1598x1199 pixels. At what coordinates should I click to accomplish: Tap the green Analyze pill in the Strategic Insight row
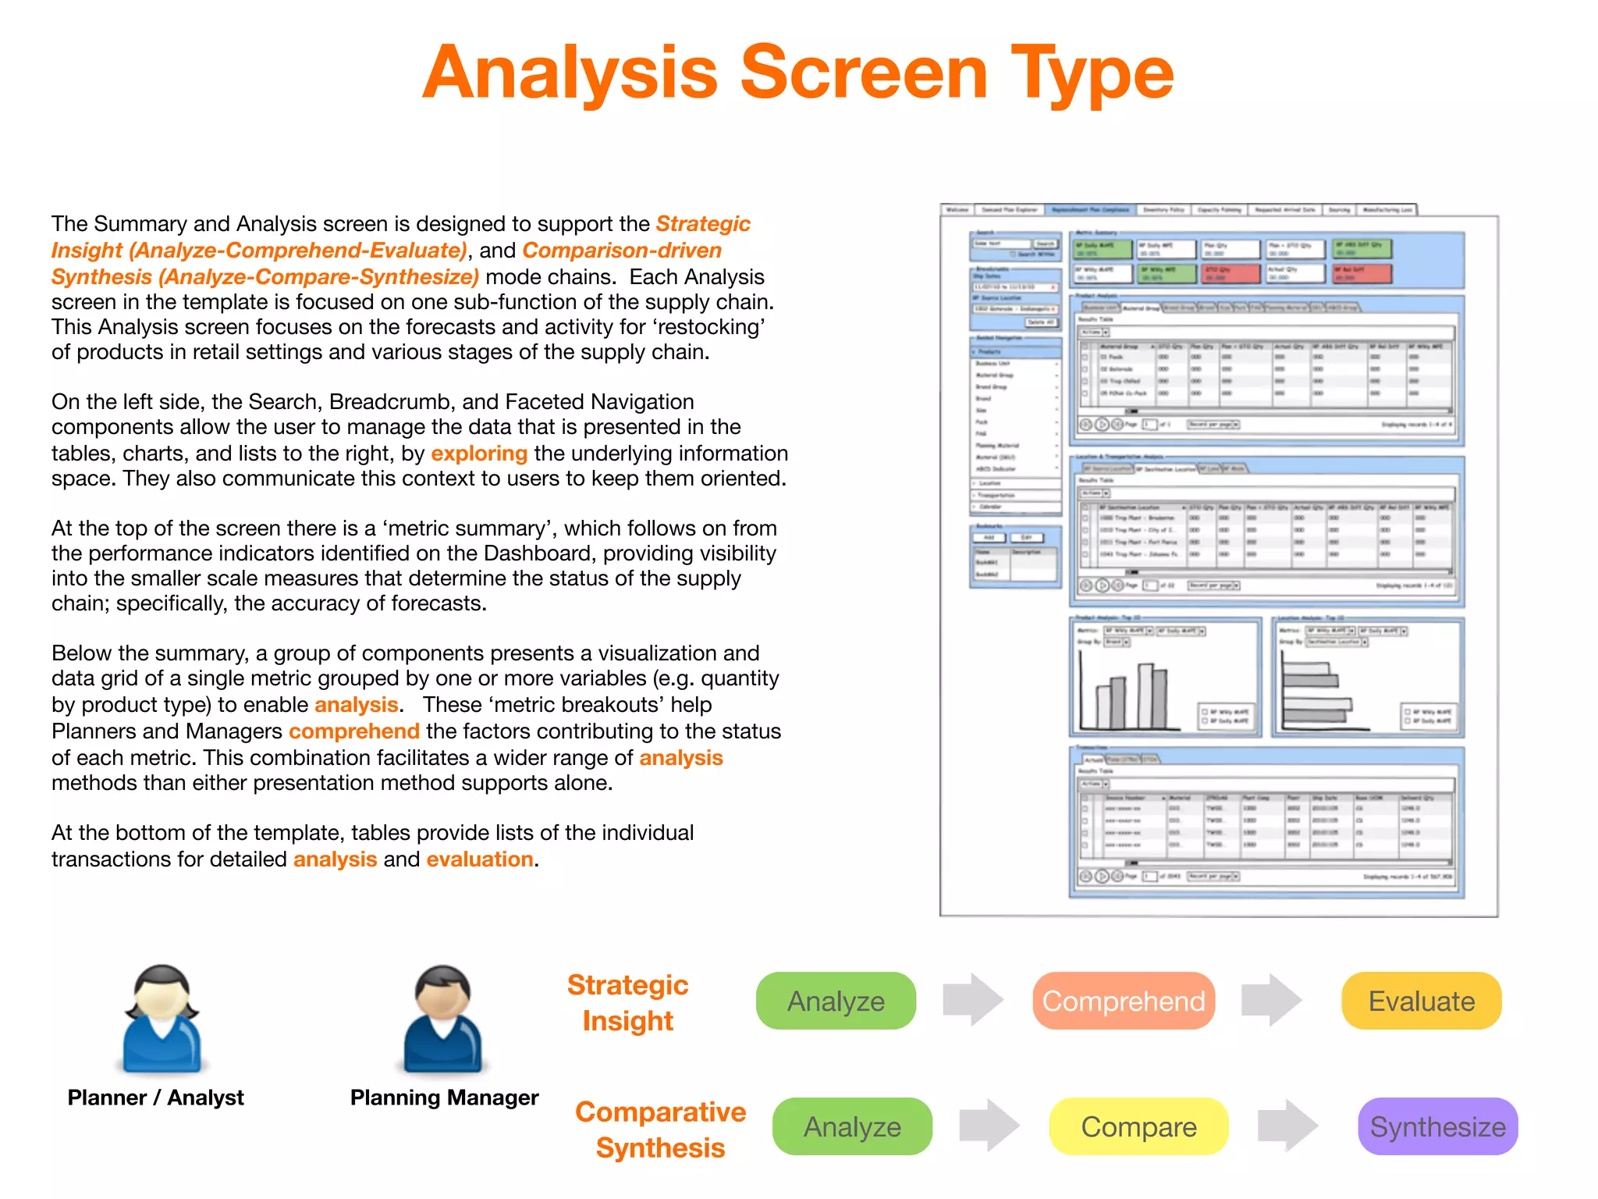836,1001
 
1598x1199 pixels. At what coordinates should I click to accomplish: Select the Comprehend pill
1123,1001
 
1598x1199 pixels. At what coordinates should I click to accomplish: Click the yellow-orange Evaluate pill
1421,1001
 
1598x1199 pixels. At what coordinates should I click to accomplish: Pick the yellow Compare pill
1138,1126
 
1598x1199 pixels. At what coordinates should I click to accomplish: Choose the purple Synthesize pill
1437,1126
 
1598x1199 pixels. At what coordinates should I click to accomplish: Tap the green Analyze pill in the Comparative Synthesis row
852,1126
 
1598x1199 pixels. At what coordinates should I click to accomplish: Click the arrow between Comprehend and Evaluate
1271,1000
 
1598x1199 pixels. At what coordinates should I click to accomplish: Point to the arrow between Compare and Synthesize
1287,1126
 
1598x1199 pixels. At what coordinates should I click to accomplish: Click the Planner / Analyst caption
155,1098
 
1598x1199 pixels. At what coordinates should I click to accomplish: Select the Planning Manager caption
444,1098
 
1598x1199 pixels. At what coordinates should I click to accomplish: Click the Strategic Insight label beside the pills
627,1003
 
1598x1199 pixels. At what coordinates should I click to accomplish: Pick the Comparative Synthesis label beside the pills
660,1130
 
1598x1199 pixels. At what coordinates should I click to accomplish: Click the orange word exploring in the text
479,454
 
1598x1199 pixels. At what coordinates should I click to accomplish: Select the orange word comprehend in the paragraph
354,731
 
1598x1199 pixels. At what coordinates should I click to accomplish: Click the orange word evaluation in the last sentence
480,859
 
